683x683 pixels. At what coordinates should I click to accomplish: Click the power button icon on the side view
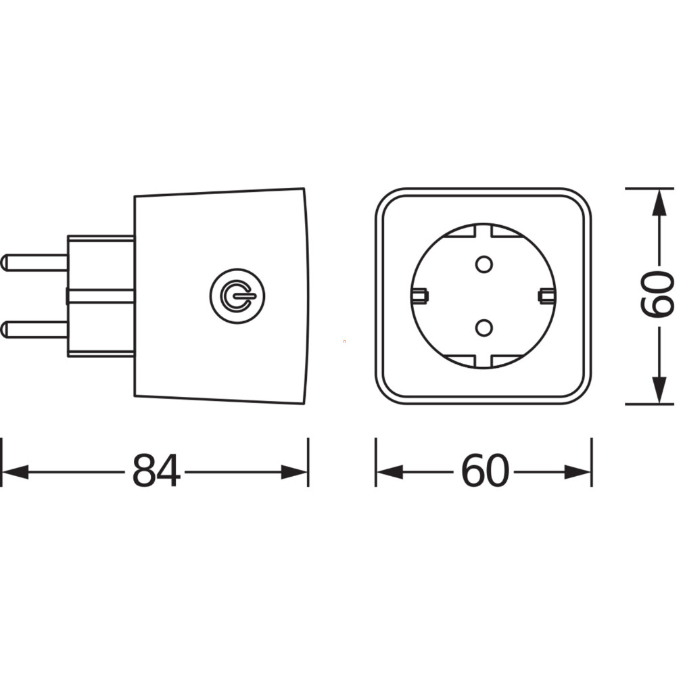click(237, 296)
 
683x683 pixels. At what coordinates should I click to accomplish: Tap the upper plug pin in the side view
click(34, 262)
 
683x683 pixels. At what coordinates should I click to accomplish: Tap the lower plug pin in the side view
click(34, 330)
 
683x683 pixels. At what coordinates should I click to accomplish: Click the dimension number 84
click(156, 471)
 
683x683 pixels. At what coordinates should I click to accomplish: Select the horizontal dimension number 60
click(484, 471)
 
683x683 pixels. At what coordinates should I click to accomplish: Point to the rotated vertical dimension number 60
click(658, 293)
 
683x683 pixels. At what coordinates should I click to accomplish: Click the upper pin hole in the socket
click(484, 264)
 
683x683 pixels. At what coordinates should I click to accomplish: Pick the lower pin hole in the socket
click(484, 327)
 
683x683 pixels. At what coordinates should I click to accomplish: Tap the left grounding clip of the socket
click(420, 296)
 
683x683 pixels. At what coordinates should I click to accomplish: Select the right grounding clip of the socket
click(547, 296)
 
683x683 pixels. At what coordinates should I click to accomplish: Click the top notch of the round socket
click(484, 231)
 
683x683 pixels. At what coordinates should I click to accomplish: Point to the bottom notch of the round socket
click(484, 360)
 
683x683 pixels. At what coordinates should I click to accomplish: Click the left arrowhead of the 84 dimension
click(16, 472)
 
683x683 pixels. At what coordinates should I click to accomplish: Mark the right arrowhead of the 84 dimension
click(294, 472)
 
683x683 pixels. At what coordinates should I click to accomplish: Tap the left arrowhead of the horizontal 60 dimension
click(390, 472)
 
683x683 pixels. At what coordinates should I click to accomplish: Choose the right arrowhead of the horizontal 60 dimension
click(578, 472)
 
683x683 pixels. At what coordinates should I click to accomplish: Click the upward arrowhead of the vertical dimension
click(659, 203)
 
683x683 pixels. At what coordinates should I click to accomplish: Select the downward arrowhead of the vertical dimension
click(659, 390)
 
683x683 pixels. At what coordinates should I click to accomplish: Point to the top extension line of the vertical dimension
click(649, 189)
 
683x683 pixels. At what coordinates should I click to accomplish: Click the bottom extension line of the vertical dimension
click(649, 404)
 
